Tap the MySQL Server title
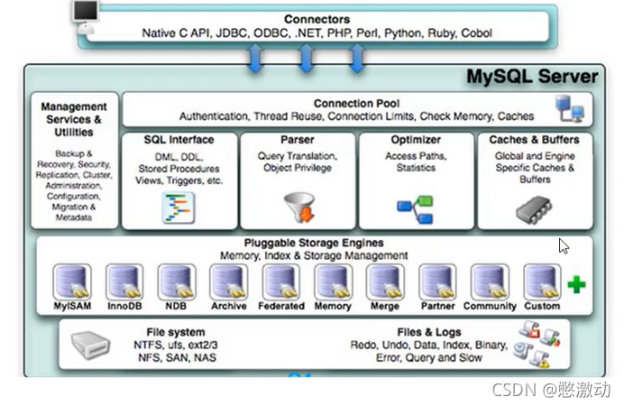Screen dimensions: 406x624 click(x=532, y=76)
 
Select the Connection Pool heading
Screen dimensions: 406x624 click(x=356, y=104)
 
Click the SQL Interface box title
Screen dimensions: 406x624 click(x=179, y=140)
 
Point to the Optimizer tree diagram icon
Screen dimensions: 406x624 click(x=416, y=208)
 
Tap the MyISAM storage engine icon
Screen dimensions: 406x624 click(x=71, y=281)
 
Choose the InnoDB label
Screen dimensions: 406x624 click(x=124, y=307)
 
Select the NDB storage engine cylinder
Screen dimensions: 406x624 click(x=176, y=281)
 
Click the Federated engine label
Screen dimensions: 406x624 click(x=280, y=307)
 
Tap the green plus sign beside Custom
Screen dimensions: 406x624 click(x=576, y=285)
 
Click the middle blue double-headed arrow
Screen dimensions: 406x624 click(x=306, y=59)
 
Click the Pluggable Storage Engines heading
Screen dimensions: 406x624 click(x=313, y=243)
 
